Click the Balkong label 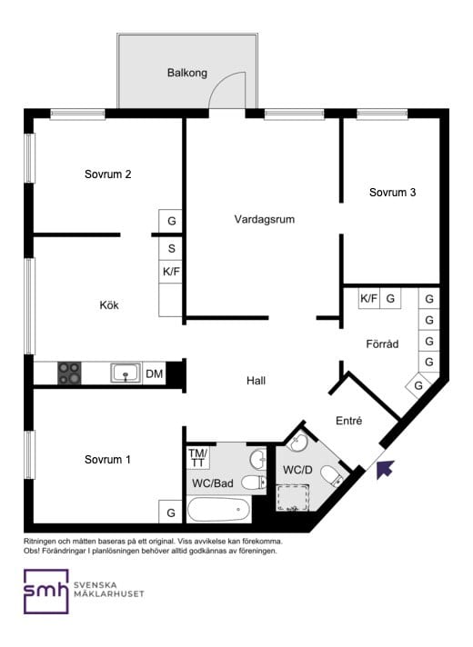[186, 73]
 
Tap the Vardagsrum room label [265, 219]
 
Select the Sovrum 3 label [392, 193]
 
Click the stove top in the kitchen [69, 373]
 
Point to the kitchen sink [126, 373]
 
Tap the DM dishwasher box [154, 373]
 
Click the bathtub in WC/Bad [219, 510]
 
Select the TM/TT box [198, 458]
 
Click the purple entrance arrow [385, 469]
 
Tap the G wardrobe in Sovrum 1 [171, 513]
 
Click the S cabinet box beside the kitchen [171, 248]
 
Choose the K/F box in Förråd [368, 298]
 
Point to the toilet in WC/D [332, 476]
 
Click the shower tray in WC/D [293, 498]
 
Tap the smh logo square [45, 592]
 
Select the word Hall [256, 381]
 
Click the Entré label [348, 421]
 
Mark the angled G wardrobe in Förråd [418, 385]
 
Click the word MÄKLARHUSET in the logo [108, 593]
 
